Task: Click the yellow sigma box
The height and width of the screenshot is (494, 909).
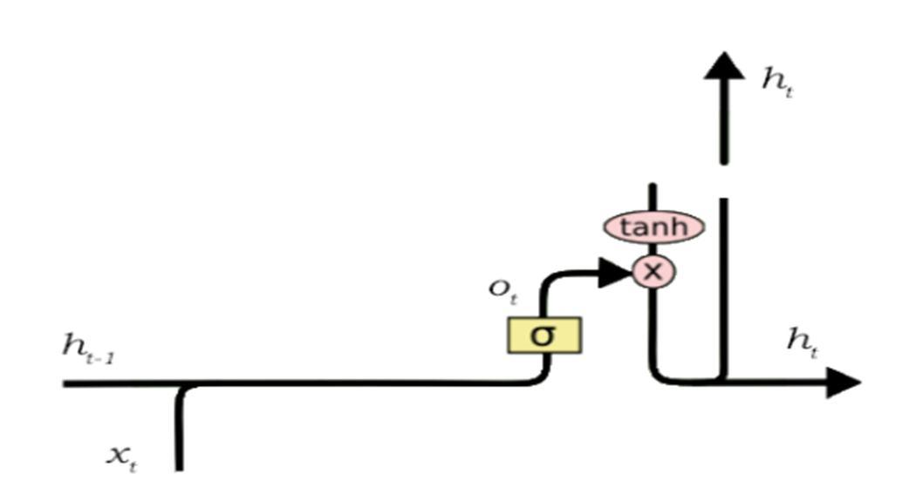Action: pyautogui.click(x=543, y=335)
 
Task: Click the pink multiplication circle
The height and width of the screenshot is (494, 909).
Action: pyautogui.click(x=653, y=272)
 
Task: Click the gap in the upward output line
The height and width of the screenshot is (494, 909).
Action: pyautogui.click(x=723, y=181)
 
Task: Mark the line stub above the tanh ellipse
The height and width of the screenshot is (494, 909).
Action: pyautogui.click(x=652, y=197)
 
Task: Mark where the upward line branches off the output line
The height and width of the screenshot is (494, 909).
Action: pyautogui.click(x=723, y=381)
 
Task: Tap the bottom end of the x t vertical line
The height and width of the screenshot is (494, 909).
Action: pyautogui.click(x=179, y=467)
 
